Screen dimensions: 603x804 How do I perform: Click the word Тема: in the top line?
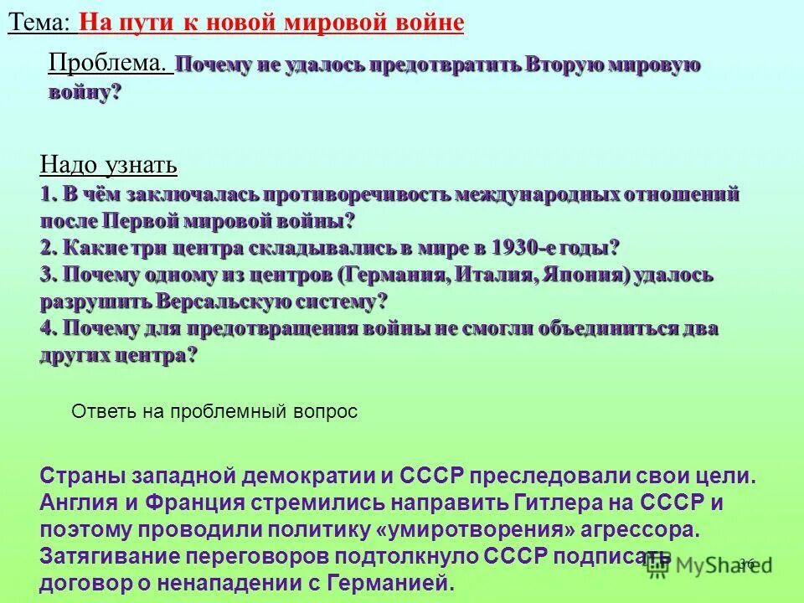point(39,23)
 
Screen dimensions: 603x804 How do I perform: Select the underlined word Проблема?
point(110,63)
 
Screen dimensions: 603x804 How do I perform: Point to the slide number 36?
point(746,564)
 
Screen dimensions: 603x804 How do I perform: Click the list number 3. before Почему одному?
point(48,275)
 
